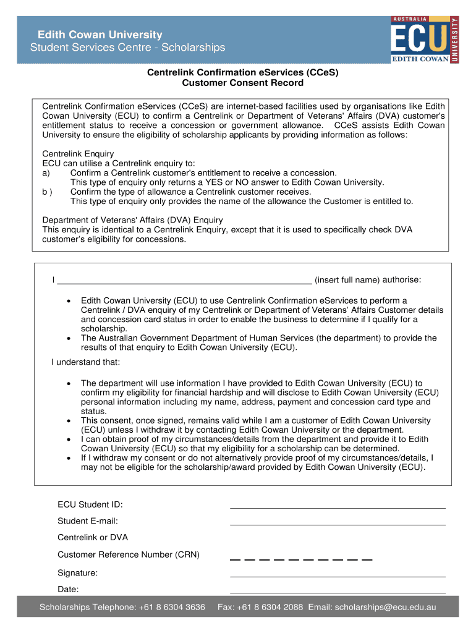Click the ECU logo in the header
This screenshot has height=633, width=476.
(424, 40)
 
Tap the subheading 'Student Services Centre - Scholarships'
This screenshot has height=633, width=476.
(128, 48)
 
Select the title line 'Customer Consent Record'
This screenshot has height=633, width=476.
(242, 83)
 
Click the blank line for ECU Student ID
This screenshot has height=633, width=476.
(338, 505)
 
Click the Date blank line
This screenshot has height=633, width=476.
(338, 590)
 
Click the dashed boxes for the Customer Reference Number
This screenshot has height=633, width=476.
(301, 558)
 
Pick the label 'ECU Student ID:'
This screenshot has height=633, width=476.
(90, 505)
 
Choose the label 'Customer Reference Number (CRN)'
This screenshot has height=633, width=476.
(129, 554)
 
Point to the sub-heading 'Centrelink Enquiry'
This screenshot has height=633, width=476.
(78, 154)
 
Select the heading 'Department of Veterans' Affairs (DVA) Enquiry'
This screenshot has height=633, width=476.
(132, 220)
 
